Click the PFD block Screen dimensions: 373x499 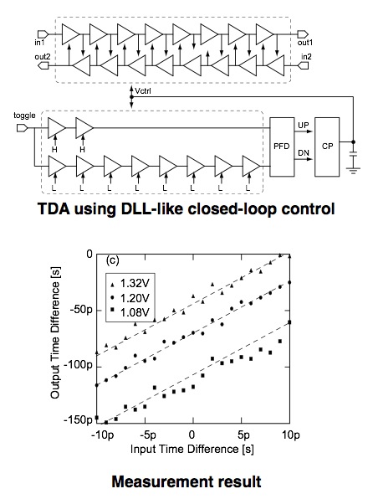click(282, 147)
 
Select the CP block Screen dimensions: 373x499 click(327, 147)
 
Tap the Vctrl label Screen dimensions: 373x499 click(143, 91)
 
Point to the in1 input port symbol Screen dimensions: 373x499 click(43, 33)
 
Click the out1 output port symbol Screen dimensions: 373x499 click(303, 33)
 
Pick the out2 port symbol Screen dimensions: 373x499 click(43, 65)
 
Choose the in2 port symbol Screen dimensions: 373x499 click(303, 65)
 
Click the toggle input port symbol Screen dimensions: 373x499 click(23, 128)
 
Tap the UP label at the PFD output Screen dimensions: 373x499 click(303, 125)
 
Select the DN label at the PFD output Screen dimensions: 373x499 click(304, 153)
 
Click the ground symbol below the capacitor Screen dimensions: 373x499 click(353, 170)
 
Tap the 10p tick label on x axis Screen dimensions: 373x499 click(291, 435)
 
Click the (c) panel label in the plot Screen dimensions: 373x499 click(112, 260)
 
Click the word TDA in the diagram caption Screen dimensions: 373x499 click(54, 209)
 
